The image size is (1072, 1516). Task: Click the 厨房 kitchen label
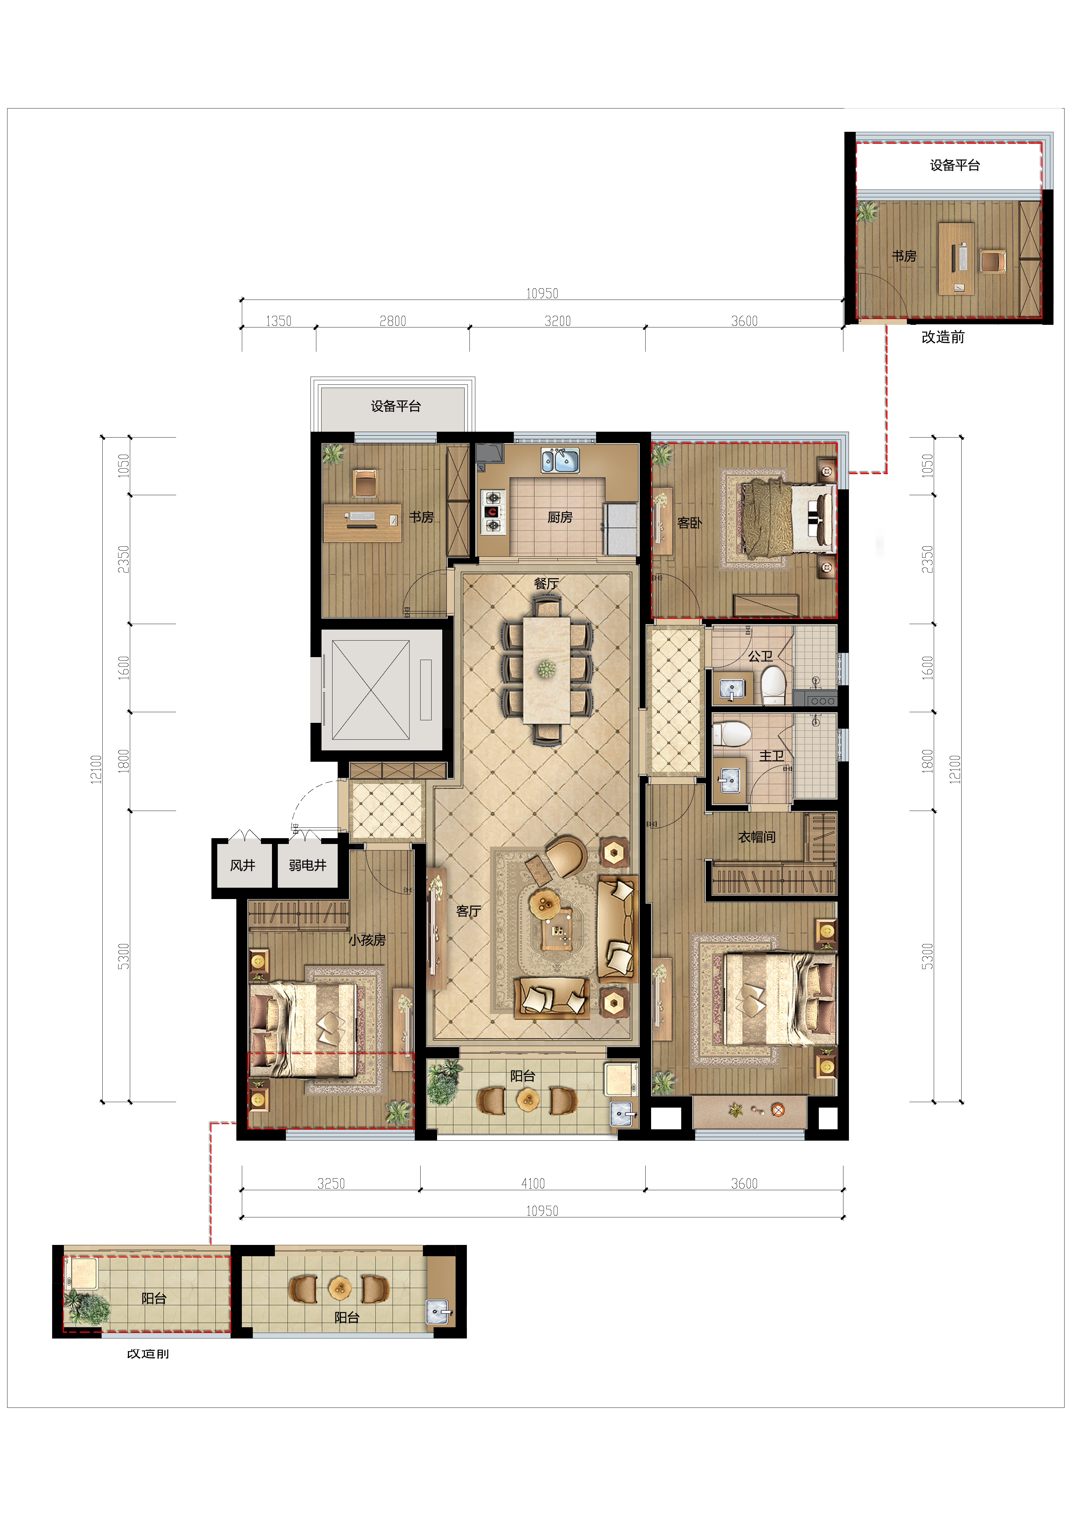(x=560, y=517)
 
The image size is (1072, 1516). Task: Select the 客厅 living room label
(x=469, y=911)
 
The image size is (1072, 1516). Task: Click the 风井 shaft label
(x=242, y=865)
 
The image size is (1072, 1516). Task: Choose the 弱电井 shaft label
(x=308, y=865)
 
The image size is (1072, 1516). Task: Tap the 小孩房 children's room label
(x=367, y=940)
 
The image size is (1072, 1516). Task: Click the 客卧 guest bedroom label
(x=690, y=523)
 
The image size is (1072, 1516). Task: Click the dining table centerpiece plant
(x=546, y=669)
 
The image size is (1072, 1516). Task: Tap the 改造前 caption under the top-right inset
(x=942, y=337)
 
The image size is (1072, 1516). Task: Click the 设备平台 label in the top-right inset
(x=954, y=165)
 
